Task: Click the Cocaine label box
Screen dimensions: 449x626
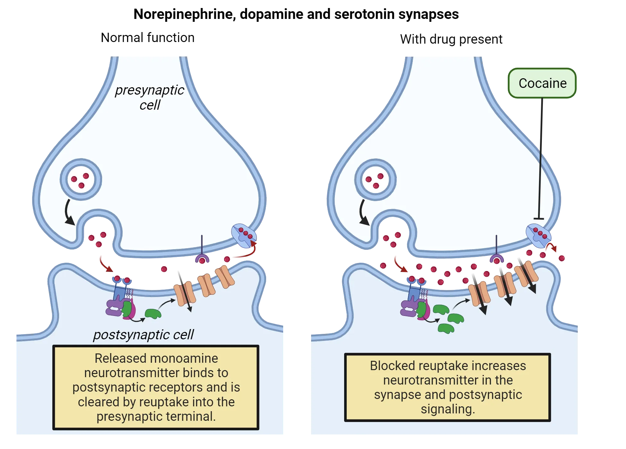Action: tap(542, 83)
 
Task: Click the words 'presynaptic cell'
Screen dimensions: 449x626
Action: tap(150, 97)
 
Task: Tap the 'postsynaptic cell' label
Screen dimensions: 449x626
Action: tap(143, 335)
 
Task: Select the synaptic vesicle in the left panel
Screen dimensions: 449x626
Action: tap(81, 180)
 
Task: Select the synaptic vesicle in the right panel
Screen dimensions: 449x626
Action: tap(375, 180)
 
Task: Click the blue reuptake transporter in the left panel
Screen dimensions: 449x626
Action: tap(244, 236)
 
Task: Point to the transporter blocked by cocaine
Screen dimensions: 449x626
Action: tap(538, 236)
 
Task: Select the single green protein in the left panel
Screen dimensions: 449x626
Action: tap(153, 313)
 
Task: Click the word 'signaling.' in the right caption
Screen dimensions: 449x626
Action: tap(448, 409)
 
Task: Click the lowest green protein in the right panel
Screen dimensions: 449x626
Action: tap(446, 328)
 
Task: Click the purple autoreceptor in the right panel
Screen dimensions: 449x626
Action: tap(497, 258)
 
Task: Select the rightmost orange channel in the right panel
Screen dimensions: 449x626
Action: tap(526, 274)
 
